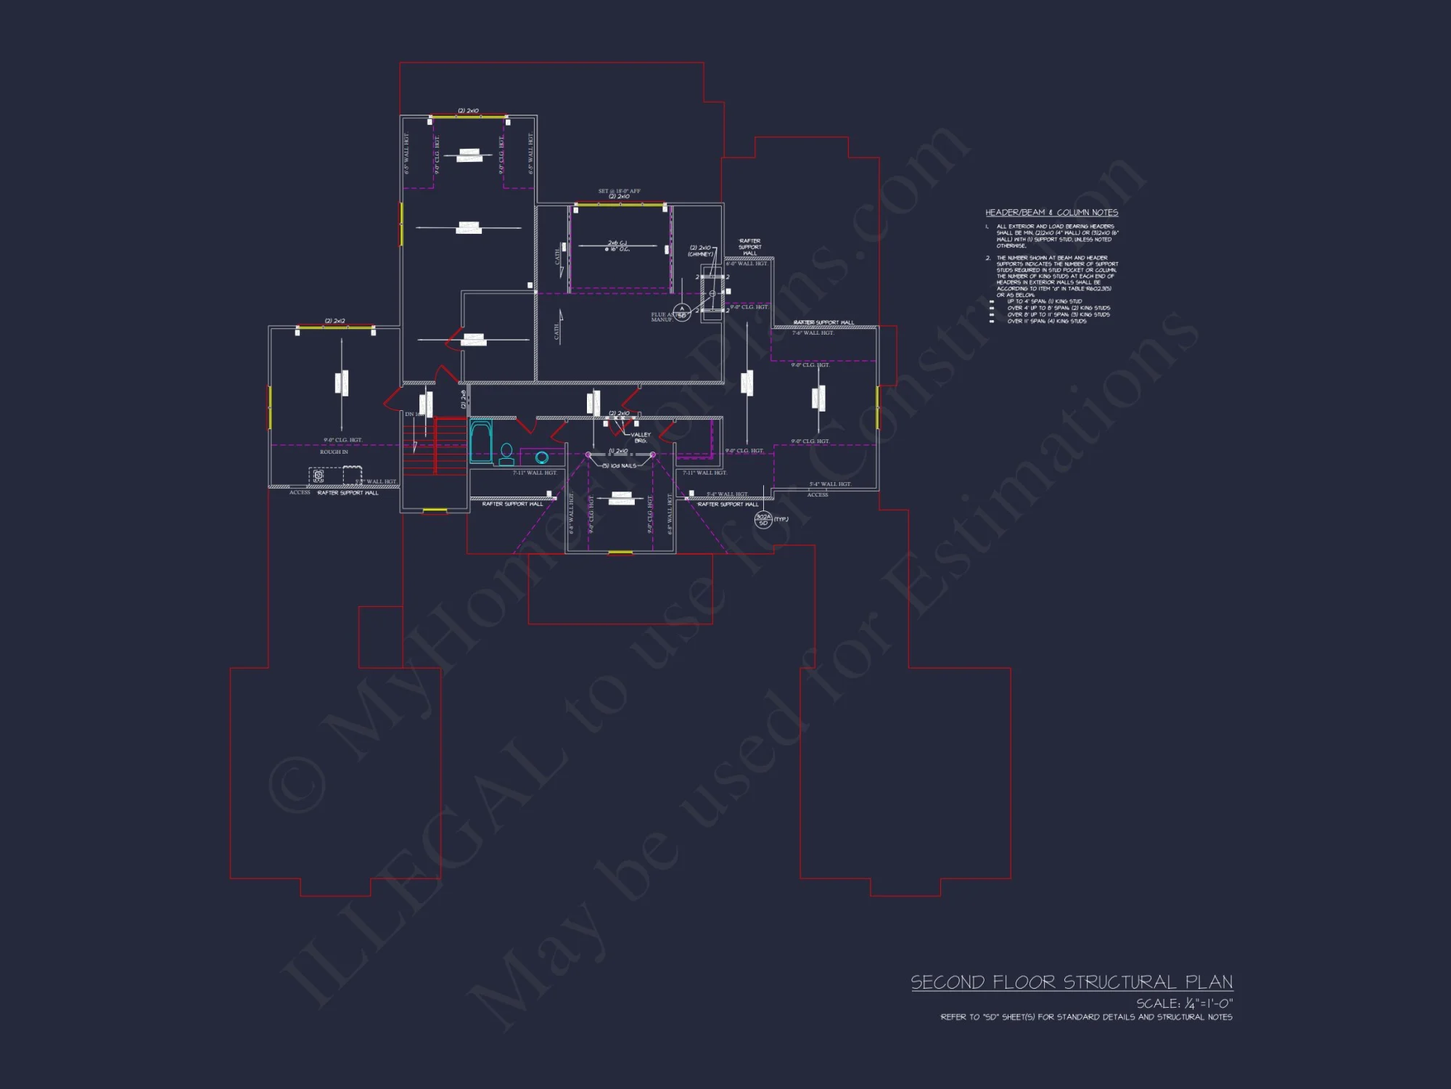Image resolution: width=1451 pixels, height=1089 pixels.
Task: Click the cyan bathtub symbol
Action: point(480,441)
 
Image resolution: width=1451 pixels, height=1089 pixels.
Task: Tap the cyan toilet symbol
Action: point(506,454)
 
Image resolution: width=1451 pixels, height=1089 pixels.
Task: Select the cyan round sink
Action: point(541,457)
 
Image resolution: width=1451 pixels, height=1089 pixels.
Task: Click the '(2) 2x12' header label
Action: point(334,321)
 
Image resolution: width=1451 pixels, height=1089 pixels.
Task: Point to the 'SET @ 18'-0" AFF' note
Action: point(619,191)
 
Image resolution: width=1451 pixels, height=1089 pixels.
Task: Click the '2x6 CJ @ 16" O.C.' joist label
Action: point(618,246)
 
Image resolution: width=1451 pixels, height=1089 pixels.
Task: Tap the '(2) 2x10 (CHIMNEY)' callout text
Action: point(700,250)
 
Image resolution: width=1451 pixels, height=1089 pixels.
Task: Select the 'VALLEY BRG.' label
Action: point(641,438)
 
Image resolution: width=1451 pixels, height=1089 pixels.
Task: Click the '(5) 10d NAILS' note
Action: point(619,466)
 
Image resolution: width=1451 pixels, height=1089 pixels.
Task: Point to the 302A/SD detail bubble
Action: point(763,519)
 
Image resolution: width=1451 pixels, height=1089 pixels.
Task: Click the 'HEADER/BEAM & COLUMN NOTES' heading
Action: point(1051,213)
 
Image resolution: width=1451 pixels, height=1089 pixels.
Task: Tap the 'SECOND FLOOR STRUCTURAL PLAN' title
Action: point(1072,982)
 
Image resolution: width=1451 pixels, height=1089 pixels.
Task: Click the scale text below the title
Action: point(1184,1003)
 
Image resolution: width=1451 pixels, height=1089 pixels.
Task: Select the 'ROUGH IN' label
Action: point(334,452)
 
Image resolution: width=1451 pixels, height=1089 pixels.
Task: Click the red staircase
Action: point(434,446)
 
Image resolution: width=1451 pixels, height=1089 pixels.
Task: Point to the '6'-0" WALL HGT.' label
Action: point(747,264)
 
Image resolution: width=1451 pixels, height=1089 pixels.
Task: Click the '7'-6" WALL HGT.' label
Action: point(813,333)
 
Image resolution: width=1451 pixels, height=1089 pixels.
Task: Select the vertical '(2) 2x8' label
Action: point(464,399)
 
